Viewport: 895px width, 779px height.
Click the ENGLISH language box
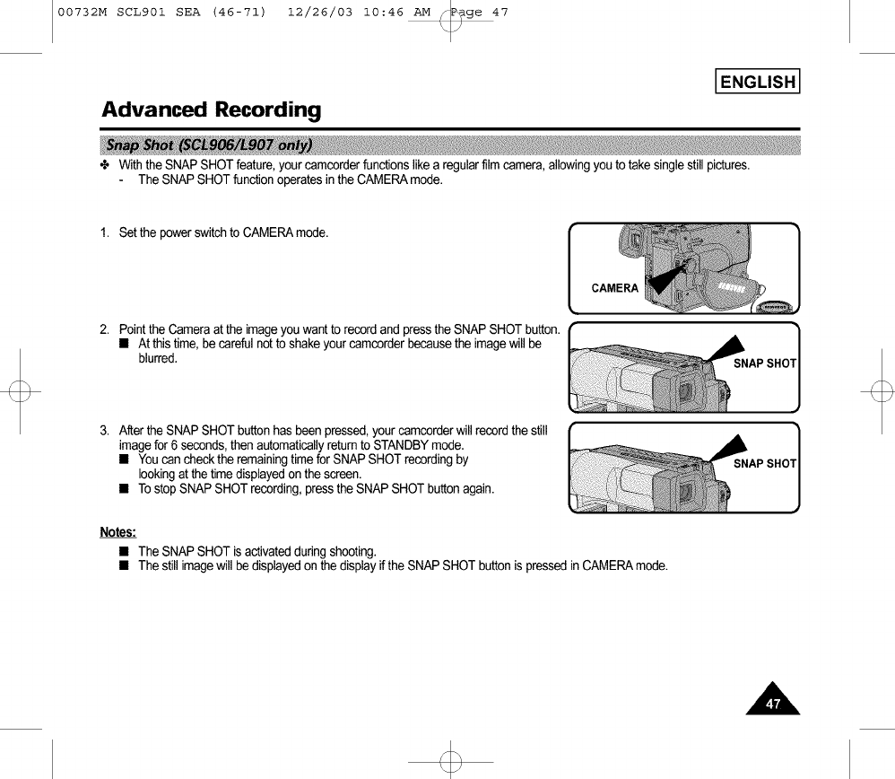click(x=758, y=82)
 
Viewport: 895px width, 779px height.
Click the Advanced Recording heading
click(x=211, y=110)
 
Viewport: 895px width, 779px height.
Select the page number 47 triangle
click(x=772, y=699)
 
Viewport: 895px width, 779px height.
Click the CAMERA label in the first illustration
click(x=614, y=288)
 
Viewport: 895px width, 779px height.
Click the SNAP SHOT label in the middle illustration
click(x=764, y=363)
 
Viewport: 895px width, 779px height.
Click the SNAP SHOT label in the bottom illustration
click(x=764, y=463)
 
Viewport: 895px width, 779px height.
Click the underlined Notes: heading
click(x=117, y=532)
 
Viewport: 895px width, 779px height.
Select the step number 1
click(x=105, y=233)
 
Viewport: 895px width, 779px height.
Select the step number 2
click(x=105, y=330)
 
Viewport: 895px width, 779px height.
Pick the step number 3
click(x=105, y=431)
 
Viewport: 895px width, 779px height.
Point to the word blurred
click(x=158, y=359)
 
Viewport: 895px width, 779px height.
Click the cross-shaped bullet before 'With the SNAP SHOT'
click(x=105, y=165)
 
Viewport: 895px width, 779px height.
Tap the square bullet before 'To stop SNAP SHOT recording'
click(x=125, y=489)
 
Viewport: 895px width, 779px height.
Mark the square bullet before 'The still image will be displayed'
click(x=125, y=565)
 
